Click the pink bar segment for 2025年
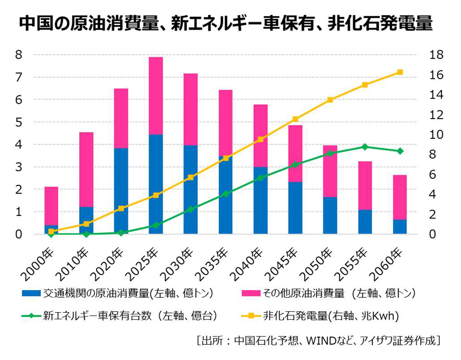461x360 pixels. point(156,95)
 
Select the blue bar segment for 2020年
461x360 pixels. point(121,191)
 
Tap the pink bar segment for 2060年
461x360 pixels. point(400,197)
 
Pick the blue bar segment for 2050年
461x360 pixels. point(330,215)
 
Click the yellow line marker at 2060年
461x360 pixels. point(400,72)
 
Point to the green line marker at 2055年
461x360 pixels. point(365,147)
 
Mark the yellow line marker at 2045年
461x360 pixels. point(295,119)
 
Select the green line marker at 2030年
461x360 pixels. point(191,209)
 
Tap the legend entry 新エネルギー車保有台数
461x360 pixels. point(130,316)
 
